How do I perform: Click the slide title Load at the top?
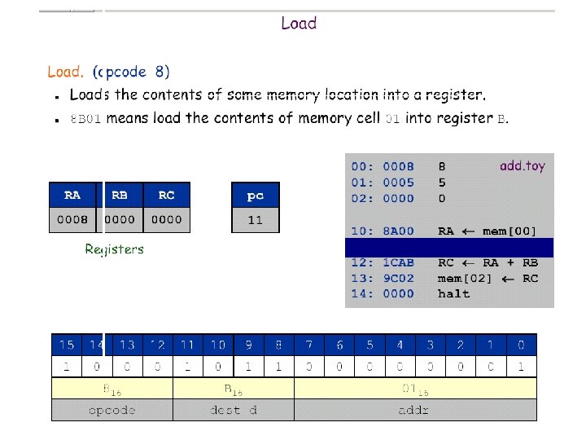[299, 23]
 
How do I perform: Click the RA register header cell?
[72, 195]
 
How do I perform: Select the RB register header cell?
[120, 195]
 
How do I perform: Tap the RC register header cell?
[166, 195]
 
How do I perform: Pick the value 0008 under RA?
[72, 220]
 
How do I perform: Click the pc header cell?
[255, 196]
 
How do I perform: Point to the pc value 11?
[255, 220]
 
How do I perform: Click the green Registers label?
[114, 249]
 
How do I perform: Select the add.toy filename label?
[523, 166]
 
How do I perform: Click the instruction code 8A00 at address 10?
[398, 231]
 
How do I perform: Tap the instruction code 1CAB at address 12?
[398, 262]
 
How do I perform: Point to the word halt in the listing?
[453, 294]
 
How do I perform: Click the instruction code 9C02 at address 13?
[398, 278]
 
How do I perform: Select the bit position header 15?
[67, 345]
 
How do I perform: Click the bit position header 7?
[308, 345]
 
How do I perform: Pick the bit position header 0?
[521, 345]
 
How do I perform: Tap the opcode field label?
[112, 410]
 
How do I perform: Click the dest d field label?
[233, 410]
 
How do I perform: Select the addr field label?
[414, 410]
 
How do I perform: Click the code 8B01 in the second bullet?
[85, 119]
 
